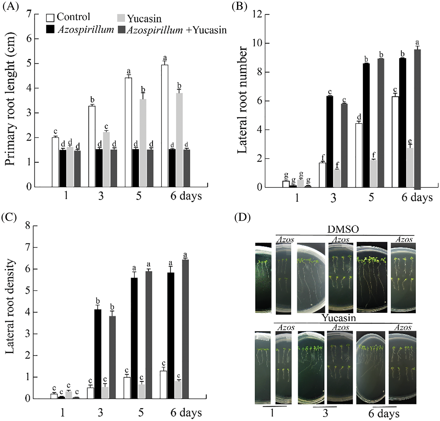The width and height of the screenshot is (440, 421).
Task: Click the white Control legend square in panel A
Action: [50, 18]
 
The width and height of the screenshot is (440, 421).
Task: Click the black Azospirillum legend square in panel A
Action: [50, 29]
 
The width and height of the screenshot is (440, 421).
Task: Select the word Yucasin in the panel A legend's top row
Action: [144, 19]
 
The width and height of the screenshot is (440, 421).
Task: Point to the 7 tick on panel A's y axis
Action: [29, 14]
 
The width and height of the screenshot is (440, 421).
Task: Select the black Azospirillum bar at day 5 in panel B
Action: [366, 125]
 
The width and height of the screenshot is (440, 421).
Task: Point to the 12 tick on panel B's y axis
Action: [258, 14]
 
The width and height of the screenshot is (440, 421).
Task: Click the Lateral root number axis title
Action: [242, 100]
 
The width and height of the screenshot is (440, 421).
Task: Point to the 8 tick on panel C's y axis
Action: [28, 226]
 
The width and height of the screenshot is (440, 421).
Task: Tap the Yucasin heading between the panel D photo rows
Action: [338, 318]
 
